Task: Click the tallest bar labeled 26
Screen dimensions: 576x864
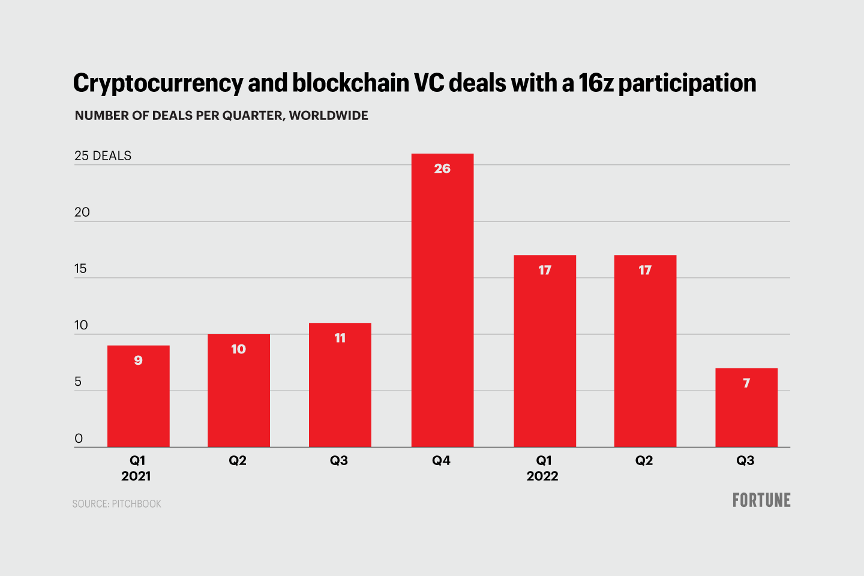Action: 442,300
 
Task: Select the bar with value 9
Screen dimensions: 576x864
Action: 139,396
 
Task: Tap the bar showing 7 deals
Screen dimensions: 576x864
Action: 746,407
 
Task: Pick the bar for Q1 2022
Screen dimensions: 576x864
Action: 545,351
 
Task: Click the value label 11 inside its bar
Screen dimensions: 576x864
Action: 340,338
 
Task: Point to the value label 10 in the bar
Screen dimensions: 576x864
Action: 238,349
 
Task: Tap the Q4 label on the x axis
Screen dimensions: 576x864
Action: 441,460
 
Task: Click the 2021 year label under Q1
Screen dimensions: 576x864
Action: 136,476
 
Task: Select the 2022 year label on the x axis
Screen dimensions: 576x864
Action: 542,476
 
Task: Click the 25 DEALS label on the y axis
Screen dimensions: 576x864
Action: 103,156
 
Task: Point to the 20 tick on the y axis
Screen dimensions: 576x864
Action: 82,212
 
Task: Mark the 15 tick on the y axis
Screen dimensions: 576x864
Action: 81,269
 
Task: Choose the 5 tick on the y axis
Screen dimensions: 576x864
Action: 78,382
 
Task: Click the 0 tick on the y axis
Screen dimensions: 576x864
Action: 79,439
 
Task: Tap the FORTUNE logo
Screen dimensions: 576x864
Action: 761,500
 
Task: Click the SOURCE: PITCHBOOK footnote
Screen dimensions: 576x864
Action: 117,504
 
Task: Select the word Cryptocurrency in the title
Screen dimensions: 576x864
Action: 158,83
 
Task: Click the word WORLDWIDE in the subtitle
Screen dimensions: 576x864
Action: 329,116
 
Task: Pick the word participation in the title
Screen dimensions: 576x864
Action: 687,83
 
